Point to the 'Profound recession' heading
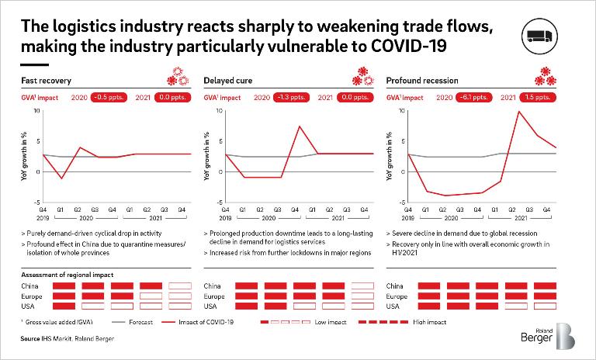[422, 80]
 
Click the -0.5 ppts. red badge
[106, 99]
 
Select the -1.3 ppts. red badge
[289, 99]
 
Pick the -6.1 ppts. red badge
[473, 99]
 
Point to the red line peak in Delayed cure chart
[299, 126]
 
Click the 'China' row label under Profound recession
[395, 286]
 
